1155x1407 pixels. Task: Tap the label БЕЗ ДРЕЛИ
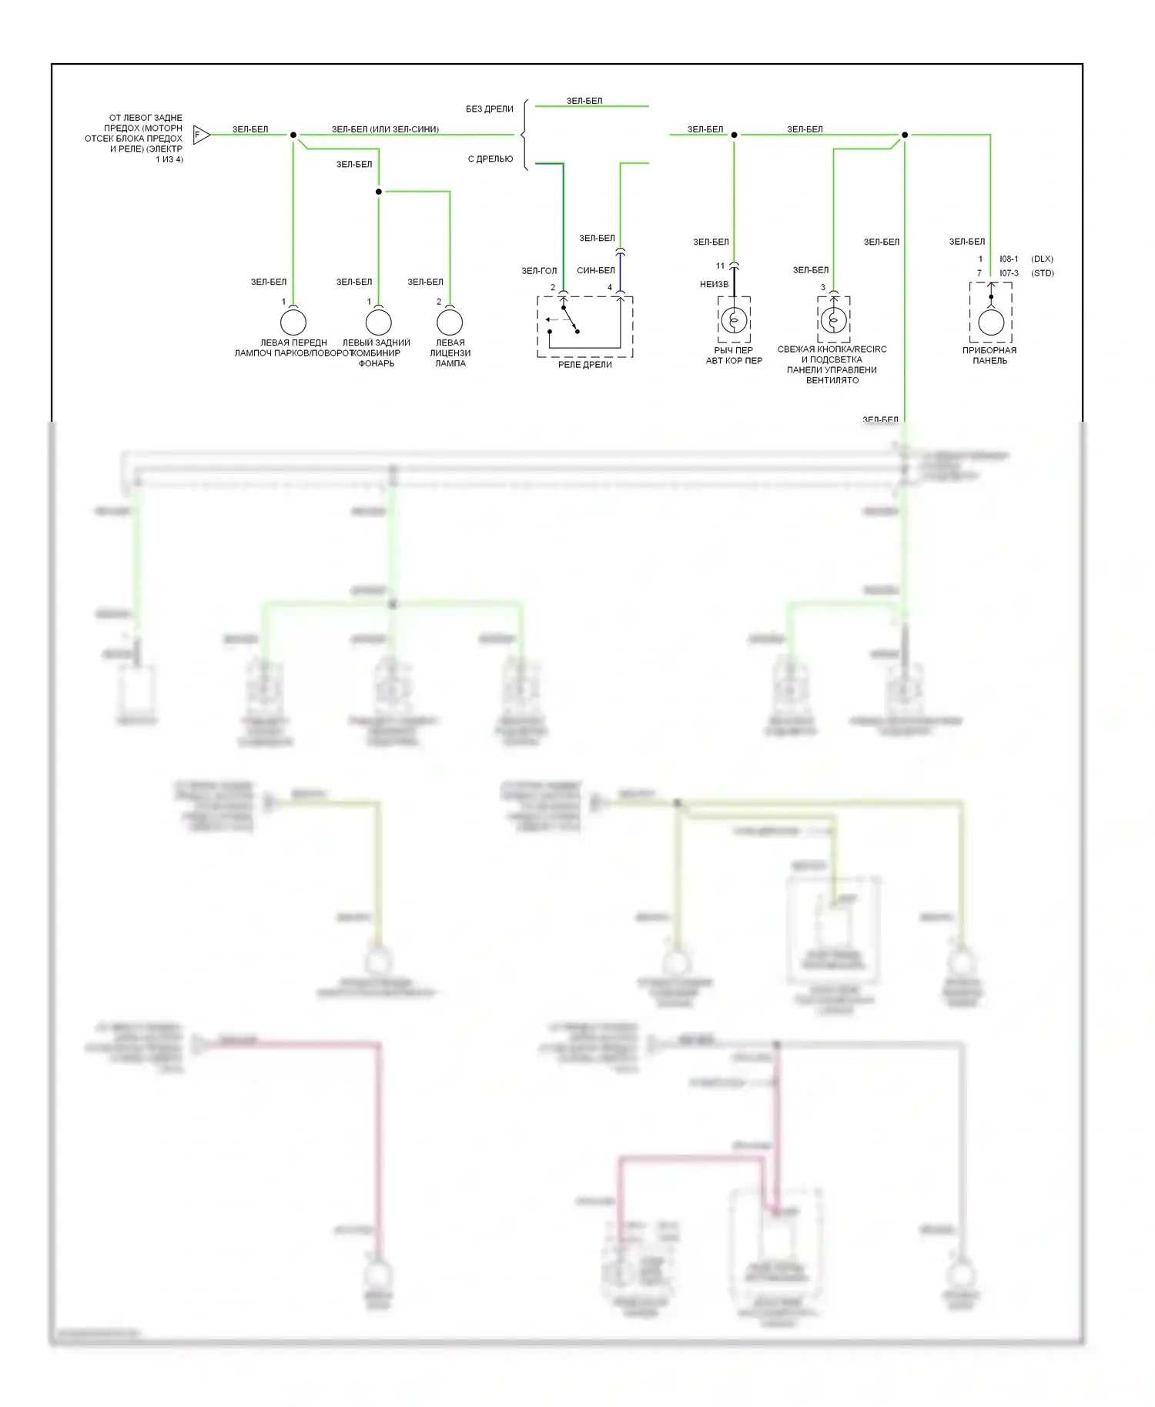[489, 109]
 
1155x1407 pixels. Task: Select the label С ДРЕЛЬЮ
[490, 159]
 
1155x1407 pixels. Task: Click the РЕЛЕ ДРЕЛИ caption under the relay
[584, 365]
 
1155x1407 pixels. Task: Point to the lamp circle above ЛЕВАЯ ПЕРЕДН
[293, 322]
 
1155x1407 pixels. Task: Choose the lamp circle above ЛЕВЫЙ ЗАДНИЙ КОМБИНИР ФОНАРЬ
[378, 322]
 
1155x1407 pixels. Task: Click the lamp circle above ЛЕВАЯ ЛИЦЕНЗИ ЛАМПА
[450, 322]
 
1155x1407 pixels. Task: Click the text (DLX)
[1042, 259]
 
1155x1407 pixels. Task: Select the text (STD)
[1043, 273]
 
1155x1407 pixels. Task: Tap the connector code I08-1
[1009, 259]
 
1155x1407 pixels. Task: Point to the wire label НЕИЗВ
[714, 285]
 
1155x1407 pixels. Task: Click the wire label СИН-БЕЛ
[596, 271]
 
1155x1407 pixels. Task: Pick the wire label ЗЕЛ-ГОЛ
[539, 271]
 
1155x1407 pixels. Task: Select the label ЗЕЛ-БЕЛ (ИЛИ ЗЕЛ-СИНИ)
[385, 129]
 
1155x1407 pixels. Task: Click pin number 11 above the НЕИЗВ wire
[720, 266]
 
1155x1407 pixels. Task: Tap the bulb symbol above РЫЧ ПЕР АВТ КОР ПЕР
[734, 319]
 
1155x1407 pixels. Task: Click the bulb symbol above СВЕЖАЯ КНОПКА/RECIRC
[833, 319]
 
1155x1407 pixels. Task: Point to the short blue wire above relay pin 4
[620, 273]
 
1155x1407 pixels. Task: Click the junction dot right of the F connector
[293, 135]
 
